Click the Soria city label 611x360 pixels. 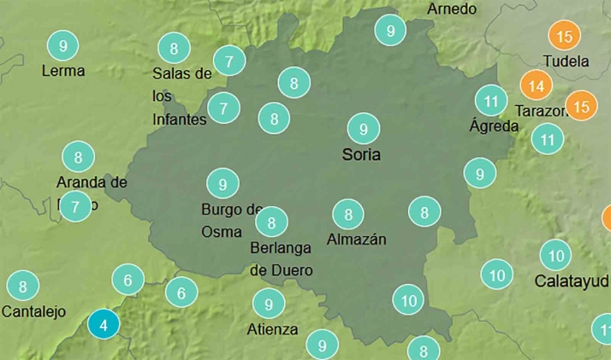pos(360,155)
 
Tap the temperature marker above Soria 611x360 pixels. pos(364,129)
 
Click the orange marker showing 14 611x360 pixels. pos(537,86)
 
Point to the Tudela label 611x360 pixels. pos(566,62)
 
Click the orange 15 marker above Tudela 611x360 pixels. pos(564,37)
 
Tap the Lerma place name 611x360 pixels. pos(63,70)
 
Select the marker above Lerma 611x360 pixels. pos(62,44)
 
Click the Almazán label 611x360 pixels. pos(356,239)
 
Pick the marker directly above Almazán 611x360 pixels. pos(347,214)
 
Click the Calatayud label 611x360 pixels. pos(571,280)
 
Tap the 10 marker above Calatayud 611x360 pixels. pos(555,255)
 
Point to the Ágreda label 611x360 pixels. pos(494,126)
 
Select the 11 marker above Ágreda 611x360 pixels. pos(490,100)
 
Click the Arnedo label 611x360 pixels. pos(451,9)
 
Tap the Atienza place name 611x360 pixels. pos(272,329)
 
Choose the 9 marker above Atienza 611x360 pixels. pos(269,304)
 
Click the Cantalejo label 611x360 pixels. pos(33,311)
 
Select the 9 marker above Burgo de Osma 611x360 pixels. pos(222,184)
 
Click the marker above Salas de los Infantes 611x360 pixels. pos(175,48)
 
